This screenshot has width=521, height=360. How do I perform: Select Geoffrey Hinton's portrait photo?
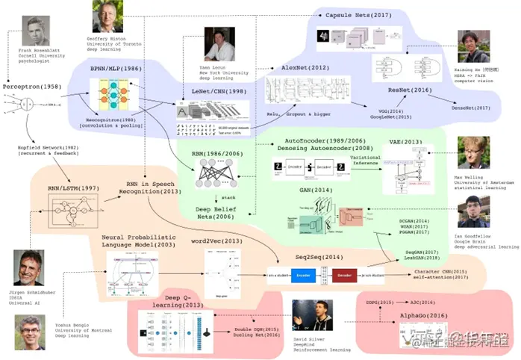[x=107, y=16]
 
